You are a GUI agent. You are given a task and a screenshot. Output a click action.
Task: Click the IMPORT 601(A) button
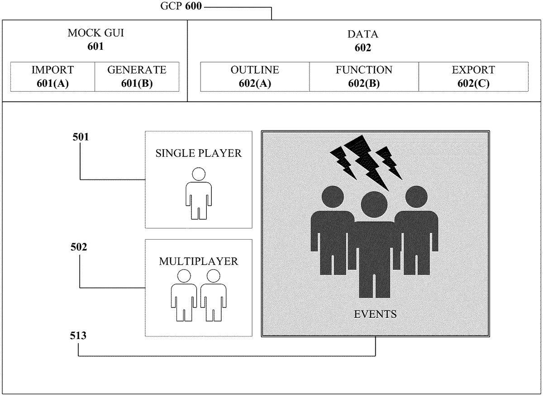(52, 76)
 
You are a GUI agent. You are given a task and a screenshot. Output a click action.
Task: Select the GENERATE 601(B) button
(137, 76)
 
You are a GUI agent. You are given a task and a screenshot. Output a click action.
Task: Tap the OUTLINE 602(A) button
(255, 76)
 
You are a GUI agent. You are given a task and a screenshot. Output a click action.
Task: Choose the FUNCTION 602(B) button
(364, 76)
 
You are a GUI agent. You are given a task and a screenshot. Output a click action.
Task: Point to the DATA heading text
(362, 34)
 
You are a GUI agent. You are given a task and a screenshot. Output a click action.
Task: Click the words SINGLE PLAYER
(198, 153)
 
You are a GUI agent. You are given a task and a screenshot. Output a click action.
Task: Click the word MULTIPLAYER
(198, 261)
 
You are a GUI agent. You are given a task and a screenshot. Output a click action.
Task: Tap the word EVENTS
(375, 314)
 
